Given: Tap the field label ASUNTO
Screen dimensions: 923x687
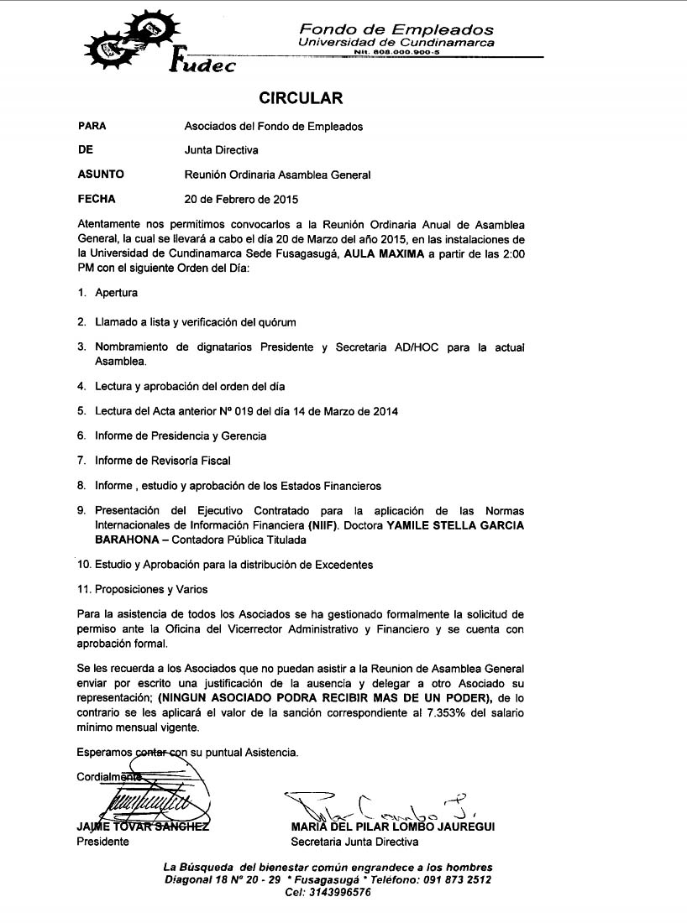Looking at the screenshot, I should click(101, 175).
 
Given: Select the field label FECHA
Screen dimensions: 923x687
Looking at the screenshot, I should click(97, 200).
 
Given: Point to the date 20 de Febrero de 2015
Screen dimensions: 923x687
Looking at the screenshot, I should click(241, 200).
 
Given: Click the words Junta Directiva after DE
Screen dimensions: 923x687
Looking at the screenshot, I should click(222, 151).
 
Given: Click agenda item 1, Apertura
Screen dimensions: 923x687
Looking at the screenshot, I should click(116, 294).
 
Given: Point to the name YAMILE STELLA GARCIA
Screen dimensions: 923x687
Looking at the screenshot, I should click(454, 525).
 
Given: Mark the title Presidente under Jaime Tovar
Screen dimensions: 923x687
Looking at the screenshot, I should click(102, 842).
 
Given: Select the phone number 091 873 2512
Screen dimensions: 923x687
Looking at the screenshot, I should click(459, 880).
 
